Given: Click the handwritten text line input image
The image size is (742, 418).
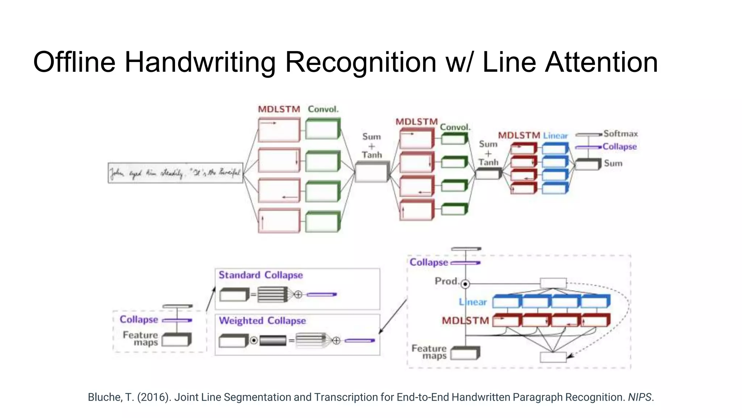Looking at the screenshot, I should [x=175, y=173].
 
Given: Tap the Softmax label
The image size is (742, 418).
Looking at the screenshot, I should [x=620, y=134].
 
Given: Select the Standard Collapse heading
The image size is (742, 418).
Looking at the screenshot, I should [x=260, y=275].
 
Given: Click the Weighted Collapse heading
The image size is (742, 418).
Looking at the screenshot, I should [x=262, y=321].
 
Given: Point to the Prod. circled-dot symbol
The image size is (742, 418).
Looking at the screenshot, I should [x=465, y=284].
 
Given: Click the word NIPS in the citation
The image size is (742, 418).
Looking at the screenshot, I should [x=640, y=397].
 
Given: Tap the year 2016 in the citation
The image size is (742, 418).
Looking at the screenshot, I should [x=153, y=397].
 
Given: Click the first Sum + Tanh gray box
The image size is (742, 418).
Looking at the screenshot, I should [x=371, y=172].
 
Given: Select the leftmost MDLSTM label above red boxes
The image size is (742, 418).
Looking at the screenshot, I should [x=279, y=109].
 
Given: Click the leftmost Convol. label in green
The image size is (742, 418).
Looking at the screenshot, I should [x=323, y=109].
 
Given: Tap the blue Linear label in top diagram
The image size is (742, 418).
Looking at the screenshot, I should [x=555, y=136].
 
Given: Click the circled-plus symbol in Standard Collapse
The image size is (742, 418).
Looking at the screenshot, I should [x=298, y=295].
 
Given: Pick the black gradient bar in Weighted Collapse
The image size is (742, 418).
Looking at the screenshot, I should [x=273, y=341].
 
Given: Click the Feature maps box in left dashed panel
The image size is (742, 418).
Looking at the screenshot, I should [x=176, y=340].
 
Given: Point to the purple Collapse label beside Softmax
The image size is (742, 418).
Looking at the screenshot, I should [x=620, y=147].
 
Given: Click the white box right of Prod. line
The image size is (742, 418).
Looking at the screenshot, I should [x=553, y=283].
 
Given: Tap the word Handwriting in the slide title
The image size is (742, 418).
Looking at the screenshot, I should [x=200, y=62].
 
